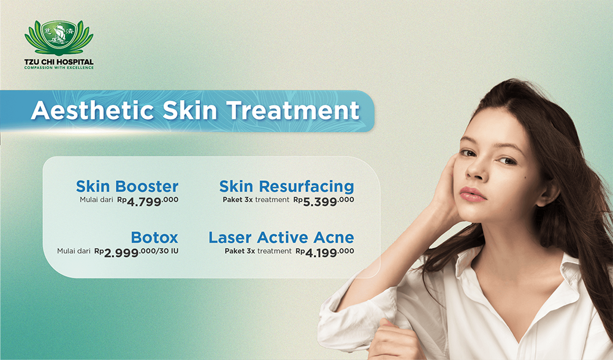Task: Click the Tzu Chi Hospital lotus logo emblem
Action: [59, 38]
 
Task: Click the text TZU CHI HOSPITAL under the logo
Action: [59, 62]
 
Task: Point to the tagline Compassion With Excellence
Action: [59, 67]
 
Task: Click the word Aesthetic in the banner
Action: [93, 111]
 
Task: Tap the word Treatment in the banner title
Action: [293, 111]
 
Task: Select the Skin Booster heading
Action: [127, 186]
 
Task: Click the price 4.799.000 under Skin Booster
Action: [148, 201]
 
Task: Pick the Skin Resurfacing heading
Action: [286, 186]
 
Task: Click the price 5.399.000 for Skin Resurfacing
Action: [324, 201]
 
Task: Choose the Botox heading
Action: [154, 237]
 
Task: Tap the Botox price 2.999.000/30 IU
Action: [137, 252]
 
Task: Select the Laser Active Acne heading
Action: [281, 237]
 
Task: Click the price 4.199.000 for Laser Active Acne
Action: [325, 252]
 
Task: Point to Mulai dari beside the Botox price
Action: [74, 251]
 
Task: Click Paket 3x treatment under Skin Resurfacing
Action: [256, 199]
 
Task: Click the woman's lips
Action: [473, 194]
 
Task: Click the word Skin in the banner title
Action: [189, 111]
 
